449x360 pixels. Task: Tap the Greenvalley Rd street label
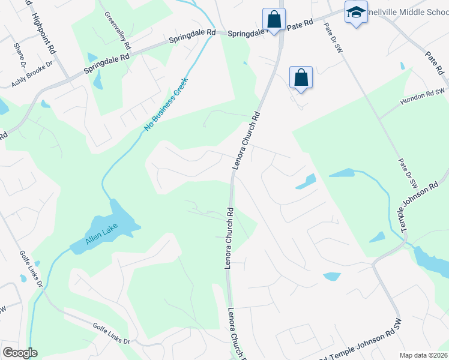click(118, 30)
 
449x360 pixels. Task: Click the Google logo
click(20, 353)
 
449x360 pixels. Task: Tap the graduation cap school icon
click(356, 12)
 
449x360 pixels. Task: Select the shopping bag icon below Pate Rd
click(301, 77)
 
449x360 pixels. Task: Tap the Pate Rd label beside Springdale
click(300, 25)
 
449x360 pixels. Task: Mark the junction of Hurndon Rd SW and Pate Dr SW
click(379, 118)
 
